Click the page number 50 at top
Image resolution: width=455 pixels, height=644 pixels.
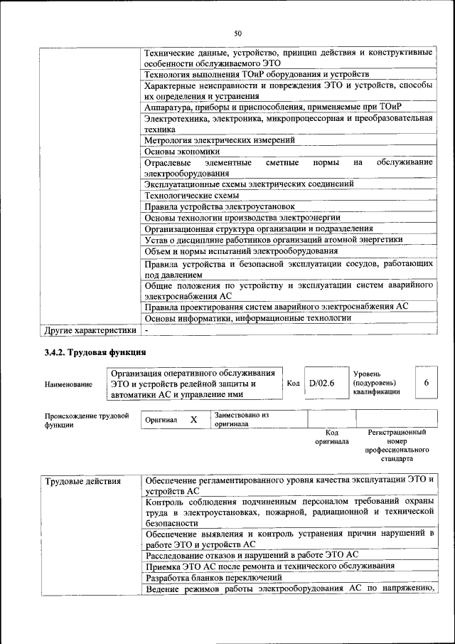point(237,33)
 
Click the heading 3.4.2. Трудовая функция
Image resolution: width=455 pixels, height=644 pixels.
point(95,352)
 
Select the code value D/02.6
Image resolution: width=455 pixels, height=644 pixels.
point(322,384)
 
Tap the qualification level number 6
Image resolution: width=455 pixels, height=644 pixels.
point(427,384)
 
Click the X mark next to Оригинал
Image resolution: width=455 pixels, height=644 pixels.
point(193,420)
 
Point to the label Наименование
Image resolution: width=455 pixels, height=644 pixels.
point(68,384)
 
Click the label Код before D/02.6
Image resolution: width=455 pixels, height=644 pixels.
point(293,384)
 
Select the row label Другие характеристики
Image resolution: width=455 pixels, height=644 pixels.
point(90,330)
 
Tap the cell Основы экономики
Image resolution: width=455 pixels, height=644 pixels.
point(182,151)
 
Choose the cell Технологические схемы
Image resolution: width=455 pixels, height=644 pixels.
point(191,195)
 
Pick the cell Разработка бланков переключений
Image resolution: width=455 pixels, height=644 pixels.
point(213,577)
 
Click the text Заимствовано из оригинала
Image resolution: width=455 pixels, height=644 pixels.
point(242,419)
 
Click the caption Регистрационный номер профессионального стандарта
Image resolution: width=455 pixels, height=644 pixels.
point(397,445)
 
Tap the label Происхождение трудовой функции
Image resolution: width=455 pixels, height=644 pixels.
point(87,420)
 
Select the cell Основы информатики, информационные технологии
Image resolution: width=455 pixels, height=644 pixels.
point(247,318)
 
